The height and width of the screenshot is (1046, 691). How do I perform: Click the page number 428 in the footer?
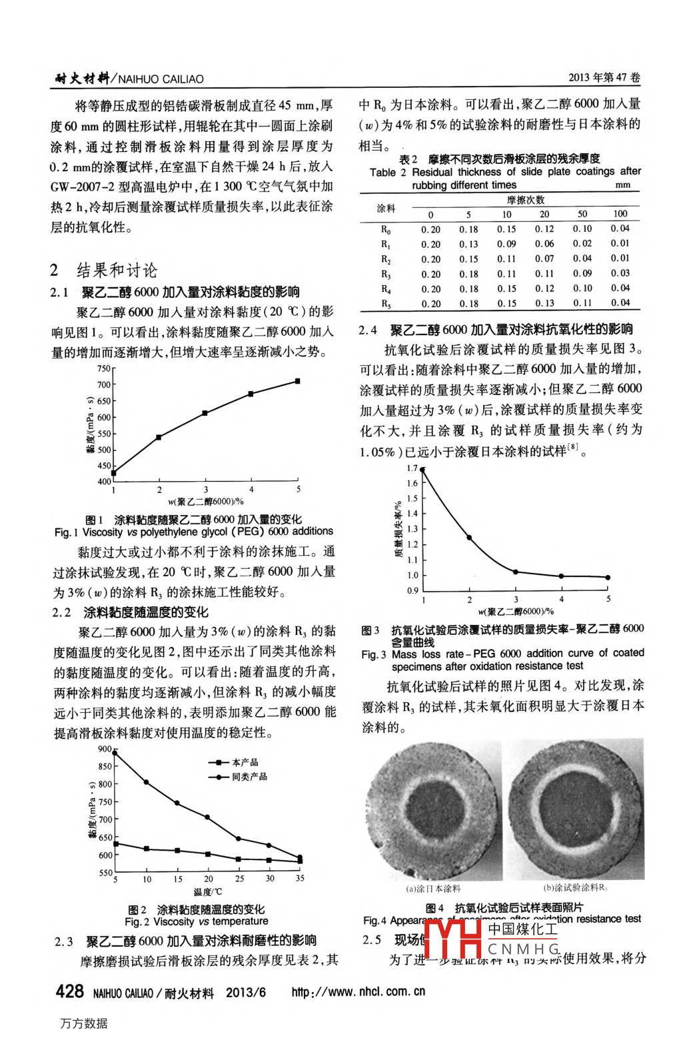pos(69,991)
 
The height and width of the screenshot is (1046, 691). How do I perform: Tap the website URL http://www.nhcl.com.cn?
pos(358,991)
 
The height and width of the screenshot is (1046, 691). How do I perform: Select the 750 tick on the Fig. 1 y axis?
pos(104,368)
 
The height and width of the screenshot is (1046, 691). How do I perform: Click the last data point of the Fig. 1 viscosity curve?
pos(297,381)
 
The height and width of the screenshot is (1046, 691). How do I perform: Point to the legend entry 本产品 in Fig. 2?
pos(245,762)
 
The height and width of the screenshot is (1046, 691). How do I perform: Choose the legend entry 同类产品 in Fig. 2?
pos(249,777)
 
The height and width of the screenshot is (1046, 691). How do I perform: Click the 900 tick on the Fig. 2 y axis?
pos(105,749)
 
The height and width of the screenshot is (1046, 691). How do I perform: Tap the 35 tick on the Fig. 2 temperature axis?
pos(300,879)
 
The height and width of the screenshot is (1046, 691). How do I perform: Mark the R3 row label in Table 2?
pos(386,274)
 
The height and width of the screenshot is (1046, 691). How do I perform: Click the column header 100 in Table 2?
pos(620,214)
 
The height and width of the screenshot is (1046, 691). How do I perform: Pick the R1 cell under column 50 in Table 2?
pos(582,244)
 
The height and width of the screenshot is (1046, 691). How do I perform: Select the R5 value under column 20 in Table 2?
pos(544,303)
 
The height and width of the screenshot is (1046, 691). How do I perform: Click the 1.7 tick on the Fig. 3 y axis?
pos(412,468)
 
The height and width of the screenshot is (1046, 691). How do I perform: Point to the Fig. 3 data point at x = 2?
pos(469,538)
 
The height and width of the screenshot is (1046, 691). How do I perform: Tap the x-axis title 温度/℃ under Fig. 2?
pos(207,891)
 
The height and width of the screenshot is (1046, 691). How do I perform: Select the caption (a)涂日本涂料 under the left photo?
pos(433,888)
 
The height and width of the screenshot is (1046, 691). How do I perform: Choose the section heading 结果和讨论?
pos(117,270)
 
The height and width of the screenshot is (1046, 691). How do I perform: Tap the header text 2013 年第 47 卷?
pos(604,77)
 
